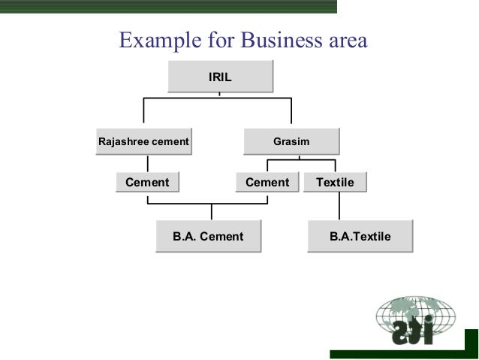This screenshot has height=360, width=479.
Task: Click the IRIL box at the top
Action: click(x=219, y=77)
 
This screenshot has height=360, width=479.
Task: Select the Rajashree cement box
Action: click(x=143, y=141)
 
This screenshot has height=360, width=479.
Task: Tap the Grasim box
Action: click(x=291, y=141)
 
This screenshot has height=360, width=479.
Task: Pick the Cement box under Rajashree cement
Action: click(x=147, y=182)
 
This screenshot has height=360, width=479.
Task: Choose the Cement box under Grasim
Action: click(x=267, y=182)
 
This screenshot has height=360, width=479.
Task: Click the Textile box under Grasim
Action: click(x=335, y=182)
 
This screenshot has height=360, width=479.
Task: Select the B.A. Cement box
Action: click(x=208, y=236)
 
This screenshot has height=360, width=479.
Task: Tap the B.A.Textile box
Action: click(x=360, y=236)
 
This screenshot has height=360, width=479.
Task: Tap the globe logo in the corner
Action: click(x=415, y=322)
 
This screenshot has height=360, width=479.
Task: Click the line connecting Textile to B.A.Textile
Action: click(x=339, y=206)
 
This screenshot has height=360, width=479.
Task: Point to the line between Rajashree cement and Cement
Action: click(x=148, y=163)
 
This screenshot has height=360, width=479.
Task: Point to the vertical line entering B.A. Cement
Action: click(x=211, y=212)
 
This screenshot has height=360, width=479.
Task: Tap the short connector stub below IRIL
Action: click(x=219, y=94)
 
